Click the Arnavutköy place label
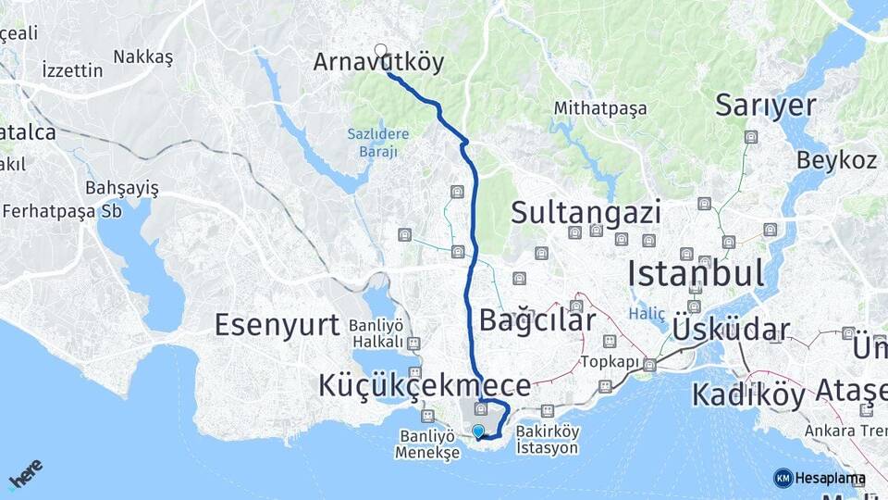(x=378, y=63)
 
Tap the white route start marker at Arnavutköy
(x=380, y=50)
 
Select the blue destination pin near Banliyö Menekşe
(x=478, y=431)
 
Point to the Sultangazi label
(x=586, y=213)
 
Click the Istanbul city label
(x=696, y=274)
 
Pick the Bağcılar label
(x=537, y=320)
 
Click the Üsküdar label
(x=731, y=330)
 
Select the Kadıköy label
(x=748, y=395)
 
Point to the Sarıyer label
(x=766, y=106)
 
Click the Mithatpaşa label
(x=600, y=108)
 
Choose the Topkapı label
(x=610, y=361)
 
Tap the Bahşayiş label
(x=122, y=189)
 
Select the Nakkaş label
(x=143, y=57)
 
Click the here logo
(x=25, y=473)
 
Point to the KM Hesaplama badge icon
(x=783, y=478)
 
